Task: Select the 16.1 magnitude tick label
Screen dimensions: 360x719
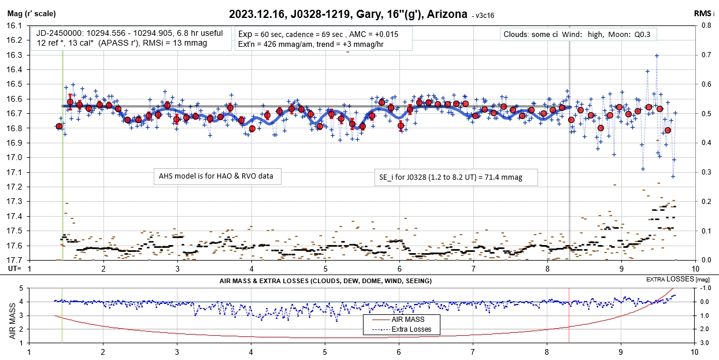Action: [13, 25]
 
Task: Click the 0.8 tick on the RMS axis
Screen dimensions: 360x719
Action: [706, 25]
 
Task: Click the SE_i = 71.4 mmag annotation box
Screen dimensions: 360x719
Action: [455, 177]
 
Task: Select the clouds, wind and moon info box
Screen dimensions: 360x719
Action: [578, 35]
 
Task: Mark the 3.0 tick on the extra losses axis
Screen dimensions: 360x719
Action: [703, 343]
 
